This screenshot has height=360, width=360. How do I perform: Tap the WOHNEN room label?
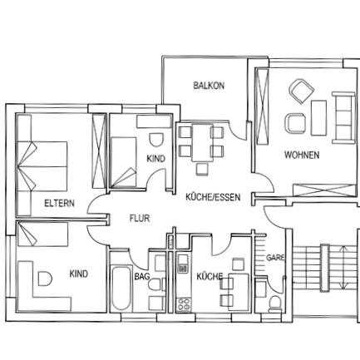301,155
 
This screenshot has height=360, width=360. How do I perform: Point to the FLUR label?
139,219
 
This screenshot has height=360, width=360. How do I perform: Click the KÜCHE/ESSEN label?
213,197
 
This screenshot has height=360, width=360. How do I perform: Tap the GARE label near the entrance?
275,258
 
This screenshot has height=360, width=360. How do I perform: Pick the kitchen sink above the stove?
182,268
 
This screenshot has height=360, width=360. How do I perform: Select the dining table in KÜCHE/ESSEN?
200,141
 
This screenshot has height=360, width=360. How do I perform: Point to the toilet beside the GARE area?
274,299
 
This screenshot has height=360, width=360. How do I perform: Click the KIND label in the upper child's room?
155,158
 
